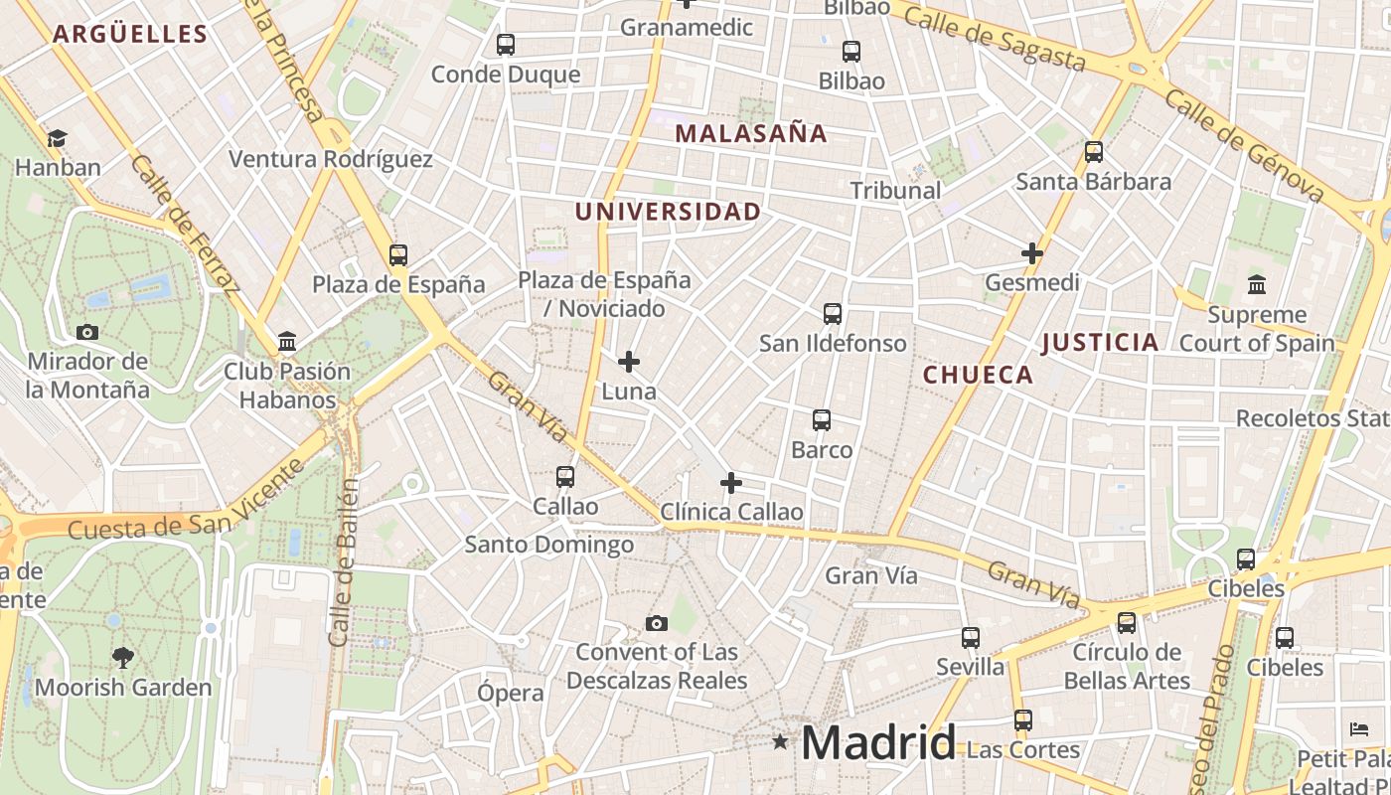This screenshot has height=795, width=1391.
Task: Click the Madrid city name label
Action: (x=878, y=742)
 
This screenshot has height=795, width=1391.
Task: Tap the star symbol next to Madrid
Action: (x=780, y=741)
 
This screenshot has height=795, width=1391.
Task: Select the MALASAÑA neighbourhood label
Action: (x=751, y=133)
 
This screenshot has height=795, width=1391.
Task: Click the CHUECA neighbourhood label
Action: (x=979, y=375)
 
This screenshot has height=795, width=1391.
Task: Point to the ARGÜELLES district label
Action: (x=130, y=34)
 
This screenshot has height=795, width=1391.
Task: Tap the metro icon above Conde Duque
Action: (x=506, y=45)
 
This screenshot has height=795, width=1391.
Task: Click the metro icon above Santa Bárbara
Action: (x=1094, y=152)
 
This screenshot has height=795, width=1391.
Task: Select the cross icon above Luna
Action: (x=629, y=362)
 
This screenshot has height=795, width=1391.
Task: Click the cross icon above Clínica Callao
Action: (x=731, y=483)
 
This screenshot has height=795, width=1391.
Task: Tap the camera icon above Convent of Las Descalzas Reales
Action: (x=656, y=623)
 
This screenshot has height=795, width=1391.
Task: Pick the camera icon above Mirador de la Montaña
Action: (x=87, y=332)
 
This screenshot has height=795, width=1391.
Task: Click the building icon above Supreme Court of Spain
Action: (x=1257, y=285)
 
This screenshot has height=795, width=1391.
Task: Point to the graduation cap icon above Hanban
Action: (x=58, y=138)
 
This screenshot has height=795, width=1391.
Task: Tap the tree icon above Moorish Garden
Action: (x=123, y=657)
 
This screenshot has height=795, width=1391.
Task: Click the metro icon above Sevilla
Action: (x=971, y=638)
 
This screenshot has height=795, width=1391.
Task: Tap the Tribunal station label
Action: (x=895, y=190)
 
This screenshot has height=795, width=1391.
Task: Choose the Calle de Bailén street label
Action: (x=343, y=561)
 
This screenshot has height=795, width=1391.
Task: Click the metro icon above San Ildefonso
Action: (x=833, y=314)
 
